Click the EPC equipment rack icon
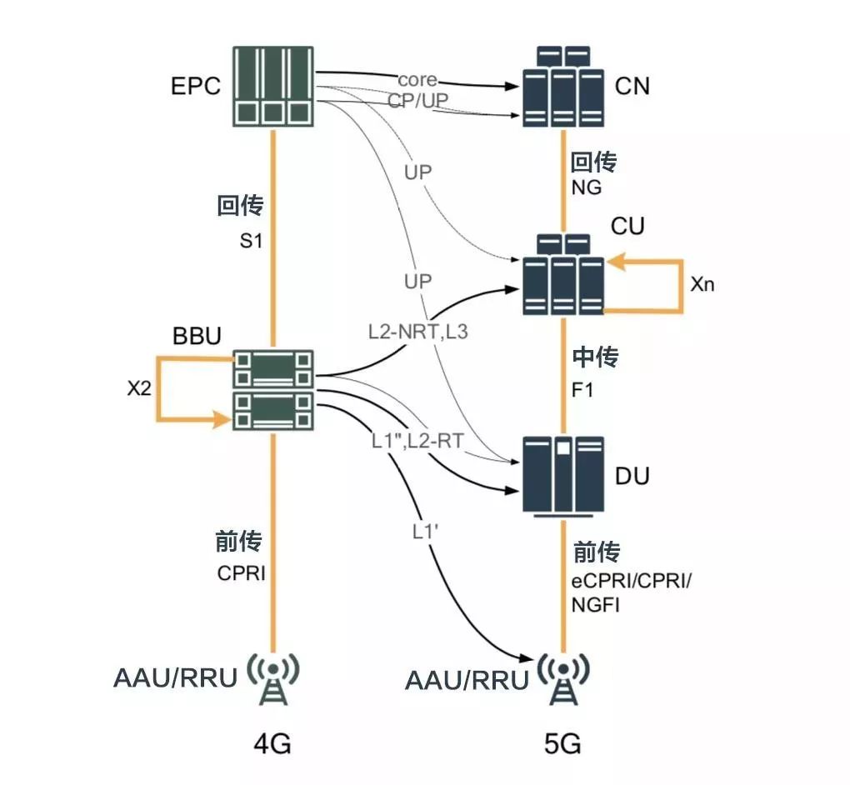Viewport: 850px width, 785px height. click(x=273, y=87)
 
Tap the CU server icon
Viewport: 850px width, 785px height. click(x=562, y=274)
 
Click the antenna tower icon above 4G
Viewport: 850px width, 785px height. click(x=273, y=680)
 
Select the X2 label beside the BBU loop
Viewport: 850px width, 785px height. click(x=137, y=389)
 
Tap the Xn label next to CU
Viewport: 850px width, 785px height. click(x=702, y=284)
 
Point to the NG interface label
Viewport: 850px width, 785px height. click(x=587, y=187)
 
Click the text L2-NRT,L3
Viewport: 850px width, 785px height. click(x=418, y=331)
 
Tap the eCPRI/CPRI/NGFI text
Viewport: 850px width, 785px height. click(x=631, y=592)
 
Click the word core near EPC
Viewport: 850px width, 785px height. click(x=417, y=80)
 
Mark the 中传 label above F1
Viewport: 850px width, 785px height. click(x=595, y=358)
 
